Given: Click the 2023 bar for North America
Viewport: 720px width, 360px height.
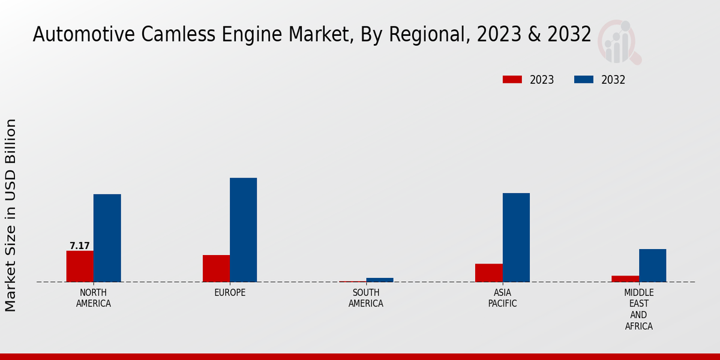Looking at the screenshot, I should pyautogui.click(x=80, y=266).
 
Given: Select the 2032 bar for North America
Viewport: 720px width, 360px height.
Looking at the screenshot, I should pyautogui.click(x=107, y=238).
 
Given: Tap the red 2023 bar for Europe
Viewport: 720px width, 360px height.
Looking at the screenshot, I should pyautogui.click(x=216, y=268).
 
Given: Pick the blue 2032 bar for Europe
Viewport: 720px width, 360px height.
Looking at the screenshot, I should pyautogui.click(x=244, y=230).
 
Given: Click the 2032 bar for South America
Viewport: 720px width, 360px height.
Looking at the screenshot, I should pyautogui.click(x=380, y=280).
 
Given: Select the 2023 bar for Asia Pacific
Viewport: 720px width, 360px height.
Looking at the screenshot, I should pyautogui.click(x=489, y=272).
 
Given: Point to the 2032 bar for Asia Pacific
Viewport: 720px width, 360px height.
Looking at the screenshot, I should pyautogui.click(x=516, y=237).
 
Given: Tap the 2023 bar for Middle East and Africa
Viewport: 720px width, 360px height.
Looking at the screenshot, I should pyautogui.click(x=625, y=278).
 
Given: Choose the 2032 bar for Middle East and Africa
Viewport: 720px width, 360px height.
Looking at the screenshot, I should pyautogui.click(x=652, y=265).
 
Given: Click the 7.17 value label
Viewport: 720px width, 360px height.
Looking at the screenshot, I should pyautogui.click(x=80, y=246).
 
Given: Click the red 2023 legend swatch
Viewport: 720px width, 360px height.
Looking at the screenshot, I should pyautogui.click(x=512, y=80).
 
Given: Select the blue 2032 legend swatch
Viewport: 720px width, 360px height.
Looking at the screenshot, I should pyautogui.click(x=584, y=80).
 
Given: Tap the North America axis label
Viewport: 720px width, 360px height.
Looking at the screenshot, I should pyautogui.click(x=94, y=298).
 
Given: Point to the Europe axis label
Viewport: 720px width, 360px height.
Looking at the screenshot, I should pyautogui.click(x=230, y=293).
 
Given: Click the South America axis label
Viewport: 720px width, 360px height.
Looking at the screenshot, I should pyautogui.click(x=366, y=298).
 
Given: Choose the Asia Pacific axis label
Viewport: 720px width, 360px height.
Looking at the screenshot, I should pyautogui.click(x=502, y=298).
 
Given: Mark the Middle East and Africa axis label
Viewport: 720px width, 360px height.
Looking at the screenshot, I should pyautogui.click(x=638, y=310).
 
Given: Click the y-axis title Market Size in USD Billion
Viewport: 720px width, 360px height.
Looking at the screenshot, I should pyautogui.click(x=11, y=215).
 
